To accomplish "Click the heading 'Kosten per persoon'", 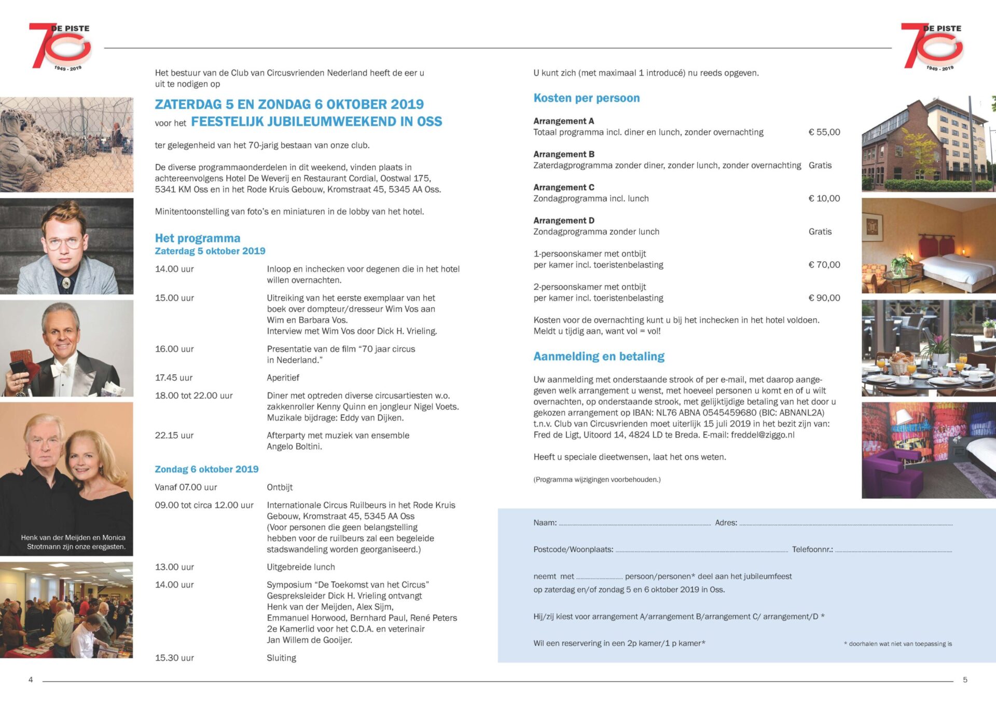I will [x=586, y=98].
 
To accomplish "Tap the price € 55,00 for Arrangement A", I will [x=824, y=132].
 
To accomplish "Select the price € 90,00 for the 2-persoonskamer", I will [x=824, y=298].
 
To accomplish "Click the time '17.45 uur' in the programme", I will [x=174, y=378].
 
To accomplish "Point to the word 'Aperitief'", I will [x=283, y=378].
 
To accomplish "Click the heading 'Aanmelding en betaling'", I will [x=599, y=357].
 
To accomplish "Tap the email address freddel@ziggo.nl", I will [x=762, y=435].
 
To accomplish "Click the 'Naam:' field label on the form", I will [x=545, y=523].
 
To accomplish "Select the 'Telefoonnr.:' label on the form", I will [x=812, y=550].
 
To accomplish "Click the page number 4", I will [x=31, y=680].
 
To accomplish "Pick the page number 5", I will [x=965, y=680].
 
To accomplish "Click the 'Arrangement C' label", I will [x=564, y=187].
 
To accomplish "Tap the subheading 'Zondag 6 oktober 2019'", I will [x=206, y=469].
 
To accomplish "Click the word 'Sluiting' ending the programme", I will [x=282, y=658].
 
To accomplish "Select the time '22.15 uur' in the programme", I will [x=174, y=436].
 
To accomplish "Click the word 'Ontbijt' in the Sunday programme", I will [x=280, y=487].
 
